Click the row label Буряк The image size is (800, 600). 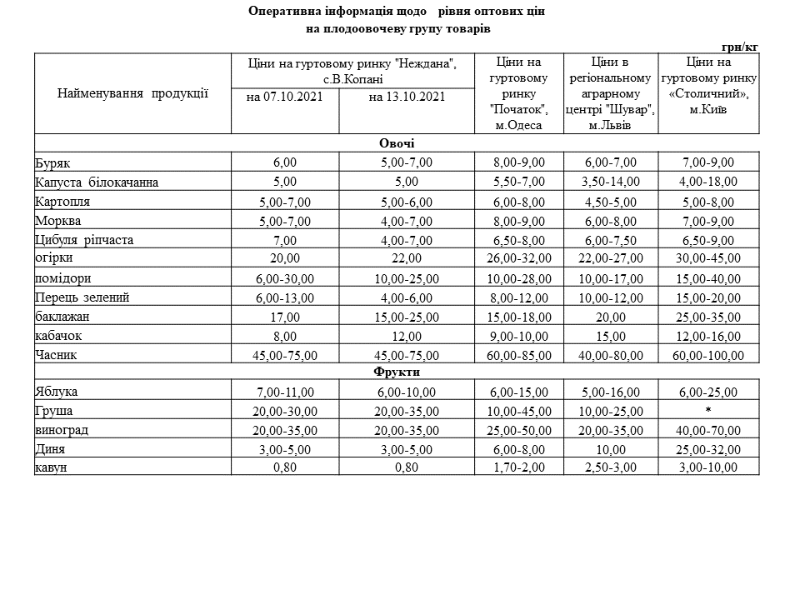(51, 162)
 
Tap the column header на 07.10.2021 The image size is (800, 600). (285, 97)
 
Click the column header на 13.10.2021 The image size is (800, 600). (407, 97)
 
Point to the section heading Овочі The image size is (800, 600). (397, 143)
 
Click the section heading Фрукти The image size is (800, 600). (397, 372)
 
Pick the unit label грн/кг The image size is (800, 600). (740, 47)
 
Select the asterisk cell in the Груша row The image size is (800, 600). (707, 411)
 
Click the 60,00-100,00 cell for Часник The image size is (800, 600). (707, 356)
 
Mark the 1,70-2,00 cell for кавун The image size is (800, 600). (518, 468)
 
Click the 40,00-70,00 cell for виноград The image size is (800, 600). (707, 430)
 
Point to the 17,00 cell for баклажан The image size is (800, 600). (285, 317)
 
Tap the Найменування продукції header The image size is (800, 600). (132, 93)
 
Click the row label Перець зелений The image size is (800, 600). (82, 297)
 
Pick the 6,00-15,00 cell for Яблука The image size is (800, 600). (518, 392)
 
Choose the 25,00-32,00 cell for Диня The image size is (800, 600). (707, 449)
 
